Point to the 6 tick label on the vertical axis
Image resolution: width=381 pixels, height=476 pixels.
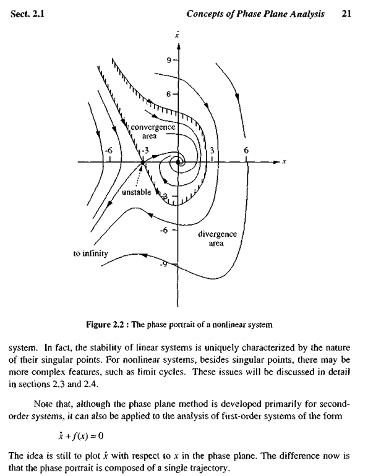coord(168,93)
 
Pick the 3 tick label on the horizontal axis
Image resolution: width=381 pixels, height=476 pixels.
coord(212,151)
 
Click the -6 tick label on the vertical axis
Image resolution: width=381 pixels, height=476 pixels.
coord(164,231)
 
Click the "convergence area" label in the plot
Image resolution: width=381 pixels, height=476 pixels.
coord(153,131)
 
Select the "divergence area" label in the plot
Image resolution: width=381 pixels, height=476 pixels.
coord(216,238)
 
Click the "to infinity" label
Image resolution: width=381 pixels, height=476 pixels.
coord(91,253)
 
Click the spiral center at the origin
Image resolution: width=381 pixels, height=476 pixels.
coord(179,163)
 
